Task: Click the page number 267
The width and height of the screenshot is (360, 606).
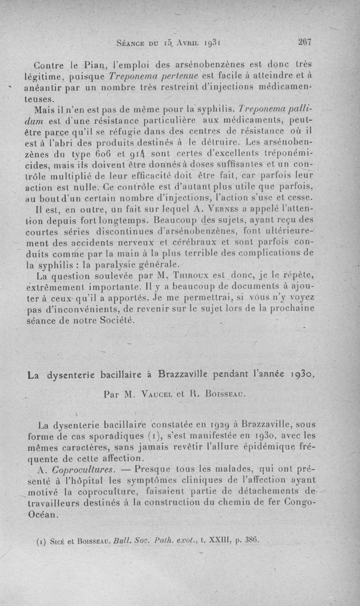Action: [305, 42]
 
